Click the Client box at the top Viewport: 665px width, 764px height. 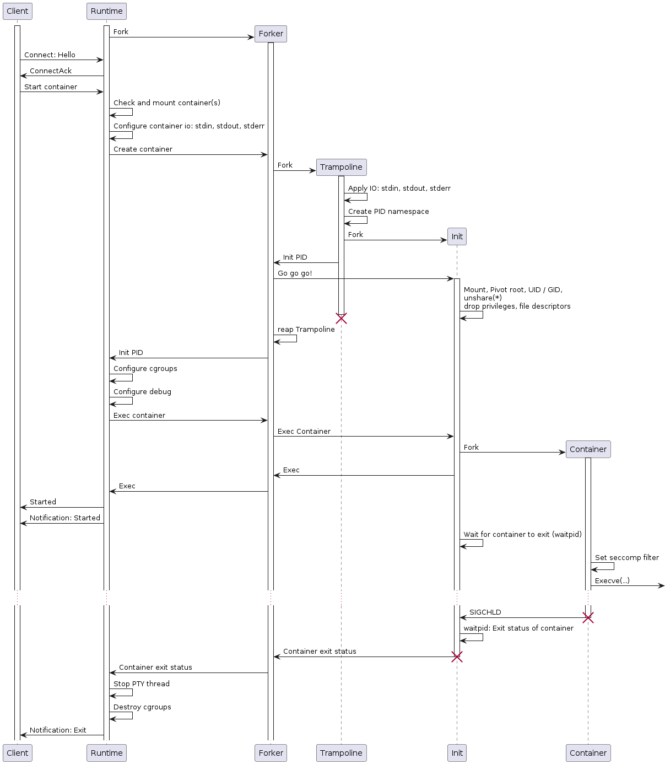(18, 11)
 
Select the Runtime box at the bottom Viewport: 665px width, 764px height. (106, 753)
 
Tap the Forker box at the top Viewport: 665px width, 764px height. (271, 34)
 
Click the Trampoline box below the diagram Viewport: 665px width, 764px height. (341, 753)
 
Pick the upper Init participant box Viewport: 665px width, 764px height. (457, 236)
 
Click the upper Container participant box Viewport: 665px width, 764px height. (588, 449)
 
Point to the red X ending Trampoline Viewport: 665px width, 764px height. (341, 319)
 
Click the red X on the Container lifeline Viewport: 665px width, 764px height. (588, 618)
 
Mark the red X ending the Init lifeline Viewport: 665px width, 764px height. (457, 657)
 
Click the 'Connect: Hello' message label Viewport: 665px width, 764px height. (50, 55)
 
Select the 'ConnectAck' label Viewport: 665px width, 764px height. (51, 71)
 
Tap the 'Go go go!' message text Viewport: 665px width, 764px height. (295, 273)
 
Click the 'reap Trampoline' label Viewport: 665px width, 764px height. (306, 330)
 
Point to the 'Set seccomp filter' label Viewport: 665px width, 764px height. (626, 558)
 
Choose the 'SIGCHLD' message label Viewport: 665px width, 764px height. (485, 612)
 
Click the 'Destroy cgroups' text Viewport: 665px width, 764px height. (142, 707)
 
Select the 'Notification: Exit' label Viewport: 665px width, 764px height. (58, 730)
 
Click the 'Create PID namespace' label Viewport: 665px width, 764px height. (388, 212)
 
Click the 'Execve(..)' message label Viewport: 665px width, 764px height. (612, 581)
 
